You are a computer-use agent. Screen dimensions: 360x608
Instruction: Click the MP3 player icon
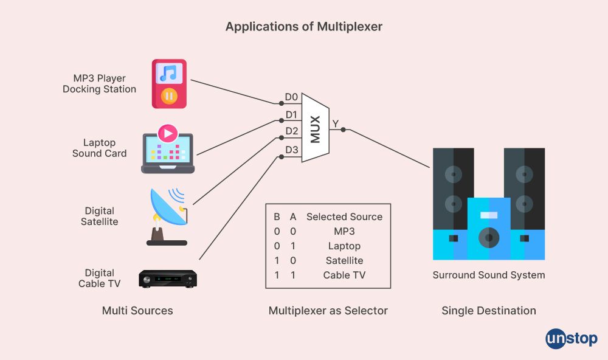pos(168,84)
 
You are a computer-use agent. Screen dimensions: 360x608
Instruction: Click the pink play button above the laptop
pos(167,133)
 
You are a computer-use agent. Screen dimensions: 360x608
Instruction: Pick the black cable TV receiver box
pos(167,279)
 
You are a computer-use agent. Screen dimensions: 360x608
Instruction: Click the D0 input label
pos(292,97)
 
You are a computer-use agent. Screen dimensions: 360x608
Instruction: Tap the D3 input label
pos(292,150)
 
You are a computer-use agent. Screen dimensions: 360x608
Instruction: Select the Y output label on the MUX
pos(335,124)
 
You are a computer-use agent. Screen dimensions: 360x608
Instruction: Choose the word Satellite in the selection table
pos(344,261)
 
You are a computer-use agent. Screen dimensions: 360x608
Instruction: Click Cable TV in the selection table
pos(344,275)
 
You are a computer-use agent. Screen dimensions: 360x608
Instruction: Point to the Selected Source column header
pos(344,216)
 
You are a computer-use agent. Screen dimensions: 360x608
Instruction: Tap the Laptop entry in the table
pos(344,246)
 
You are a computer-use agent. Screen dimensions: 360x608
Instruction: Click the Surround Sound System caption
pos(488,275)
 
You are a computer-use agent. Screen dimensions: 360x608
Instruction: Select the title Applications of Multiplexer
pos(304,27)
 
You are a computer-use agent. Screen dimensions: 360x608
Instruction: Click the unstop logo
pos(571,338)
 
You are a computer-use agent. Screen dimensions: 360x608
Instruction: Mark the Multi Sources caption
pos(137,311)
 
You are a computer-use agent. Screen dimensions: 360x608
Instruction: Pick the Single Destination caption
pos(488,311)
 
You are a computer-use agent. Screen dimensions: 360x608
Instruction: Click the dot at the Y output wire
pos(344,130)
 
